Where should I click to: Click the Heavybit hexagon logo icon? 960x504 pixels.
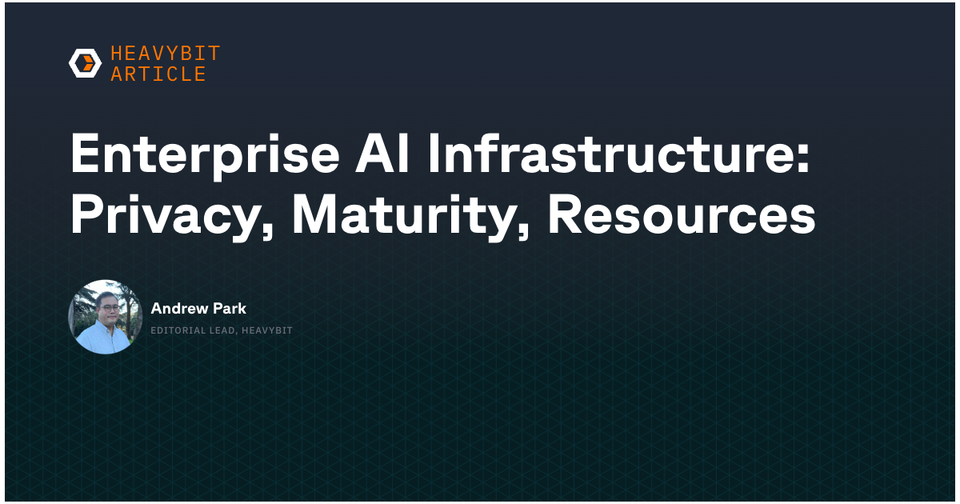point(86,63)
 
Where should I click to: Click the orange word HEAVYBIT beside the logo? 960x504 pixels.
point(166,54)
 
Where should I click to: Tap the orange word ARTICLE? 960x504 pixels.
point(158,74)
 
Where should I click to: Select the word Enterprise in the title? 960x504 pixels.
point(205,154)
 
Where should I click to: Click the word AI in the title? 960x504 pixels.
point(382,153)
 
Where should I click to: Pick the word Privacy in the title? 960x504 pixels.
point(164,215)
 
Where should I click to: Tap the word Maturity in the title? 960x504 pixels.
point(403,215)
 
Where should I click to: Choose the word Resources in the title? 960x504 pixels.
point(682,214)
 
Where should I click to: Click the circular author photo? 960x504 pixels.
point(105,317)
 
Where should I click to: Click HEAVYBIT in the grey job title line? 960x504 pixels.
point(267,330)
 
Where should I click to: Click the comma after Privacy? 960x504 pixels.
point(267,231)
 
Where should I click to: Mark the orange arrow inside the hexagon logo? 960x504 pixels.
point(88,63)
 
